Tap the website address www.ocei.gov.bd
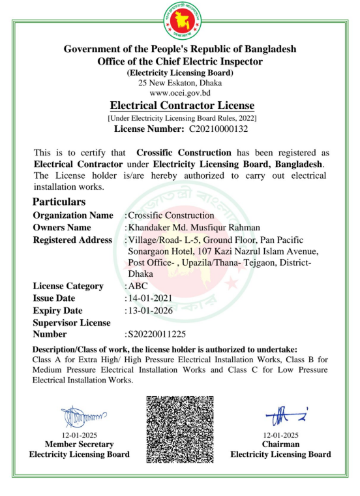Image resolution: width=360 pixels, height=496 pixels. tap(179, 93)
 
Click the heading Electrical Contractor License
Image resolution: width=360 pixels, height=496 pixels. tap(182, 105)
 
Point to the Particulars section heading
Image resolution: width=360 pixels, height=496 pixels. tap(59, 202)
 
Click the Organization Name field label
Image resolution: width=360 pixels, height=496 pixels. tap(72, 215)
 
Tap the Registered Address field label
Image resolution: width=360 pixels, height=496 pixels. tap(72, 240)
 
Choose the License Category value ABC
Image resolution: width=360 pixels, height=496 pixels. tap(138, 286)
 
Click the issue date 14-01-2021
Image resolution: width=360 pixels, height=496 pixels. tap(150, 298)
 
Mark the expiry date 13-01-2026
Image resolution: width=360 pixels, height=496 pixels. tap(150, 311)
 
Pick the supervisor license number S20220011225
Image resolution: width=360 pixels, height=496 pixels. tap(160, 333)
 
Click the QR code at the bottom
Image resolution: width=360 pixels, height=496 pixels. tap(179, 429)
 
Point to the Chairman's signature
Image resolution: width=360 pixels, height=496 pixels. tap(280, 413)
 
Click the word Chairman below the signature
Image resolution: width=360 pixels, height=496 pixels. tap(281, 444)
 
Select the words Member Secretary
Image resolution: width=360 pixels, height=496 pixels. tap(79, 444)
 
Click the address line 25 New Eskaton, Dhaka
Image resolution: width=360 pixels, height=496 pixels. tap(179, 83)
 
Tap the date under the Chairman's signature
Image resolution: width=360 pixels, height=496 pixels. tap(281, 435)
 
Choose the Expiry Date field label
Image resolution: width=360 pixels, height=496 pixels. tap(58, 311)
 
